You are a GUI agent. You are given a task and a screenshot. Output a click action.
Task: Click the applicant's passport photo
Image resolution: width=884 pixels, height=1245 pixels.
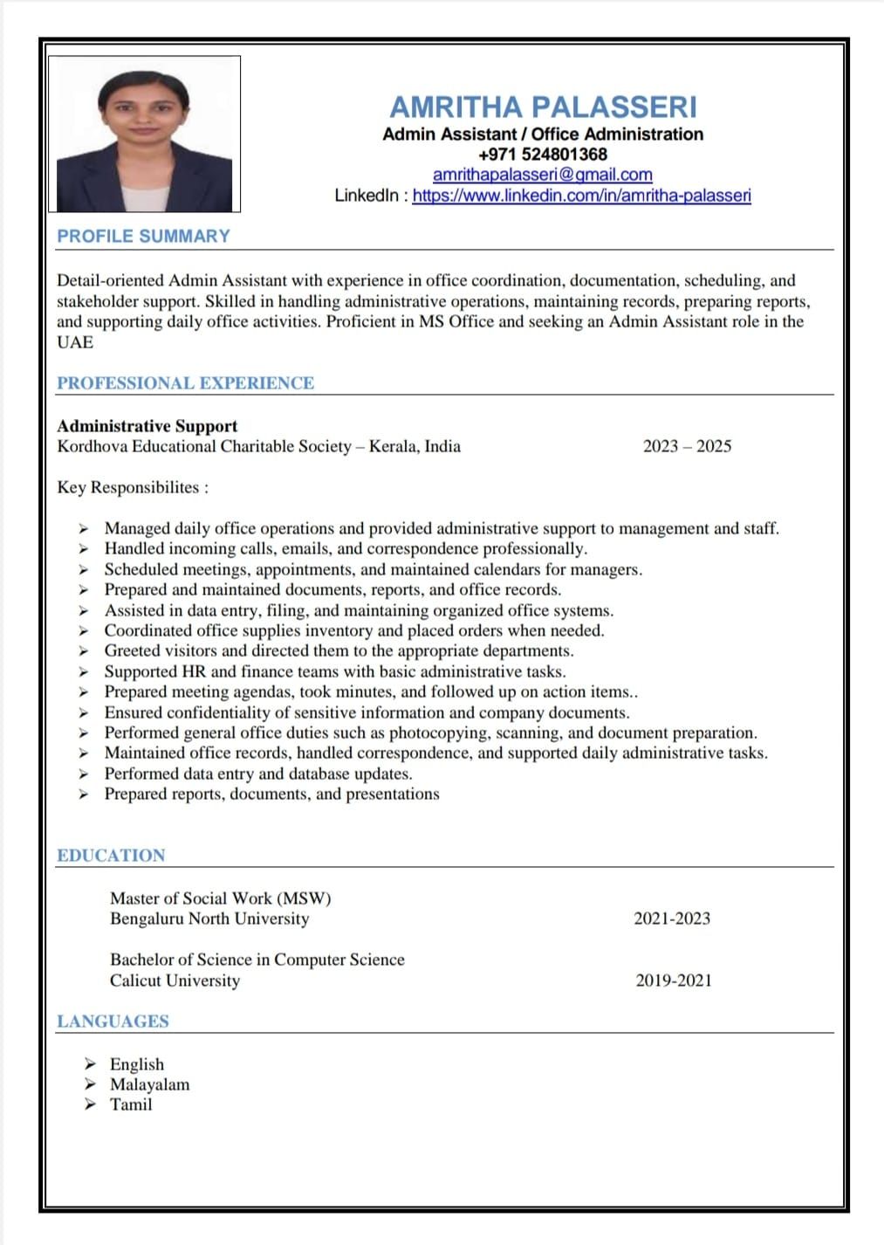(x=144, y=134)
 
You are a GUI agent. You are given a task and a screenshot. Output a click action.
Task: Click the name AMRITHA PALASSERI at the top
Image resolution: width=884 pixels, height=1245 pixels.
(x=543, y=107)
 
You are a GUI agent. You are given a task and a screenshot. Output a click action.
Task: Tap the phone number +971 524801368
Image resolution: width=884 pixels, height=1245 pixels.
(x=543, y=155)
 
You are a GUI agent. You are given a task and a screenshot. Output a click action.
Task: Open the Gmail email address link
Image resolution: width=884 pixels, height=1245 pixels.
(x=543, y=175)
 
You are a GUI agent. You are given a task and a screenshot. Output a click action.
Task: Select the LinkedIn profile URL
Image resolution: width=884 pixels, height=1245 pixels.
(x=581, y=196)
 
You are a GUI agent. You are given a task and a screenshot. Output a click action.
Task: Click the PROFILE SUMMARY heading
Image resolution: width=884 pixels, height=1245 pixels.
(x=143, y=236)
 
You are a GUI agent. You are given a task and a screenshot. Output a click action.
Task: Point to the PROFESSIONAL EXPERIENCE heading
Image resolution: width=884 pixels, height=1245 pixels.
(x=185, y=383)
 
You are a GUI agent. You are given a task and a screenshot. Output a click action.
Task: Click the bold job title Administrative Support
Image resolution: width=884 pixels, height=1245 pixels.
(x=147, y=426)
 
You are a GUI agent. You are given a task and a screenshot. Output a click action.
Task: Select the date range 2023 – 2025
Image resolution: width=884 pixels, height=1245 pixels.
(x=687, y=446)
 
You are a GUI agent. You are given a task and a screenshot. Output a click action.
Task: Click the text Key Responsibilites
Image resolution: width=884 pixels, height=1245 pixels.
(x=132, y=487)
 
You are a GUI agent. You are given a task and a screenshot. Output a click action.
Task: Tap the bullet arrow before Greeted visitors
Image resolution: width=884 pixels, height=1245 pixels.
(x=84, y=651)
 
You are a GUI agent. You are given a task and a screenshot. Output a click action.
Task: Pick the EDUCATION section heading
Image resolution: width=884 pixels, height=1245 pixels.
(x=111, y=856)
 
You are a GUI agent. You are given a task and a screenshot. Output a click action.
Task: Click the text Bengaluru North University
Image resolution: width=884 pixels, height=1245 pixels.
(x=209, y=918)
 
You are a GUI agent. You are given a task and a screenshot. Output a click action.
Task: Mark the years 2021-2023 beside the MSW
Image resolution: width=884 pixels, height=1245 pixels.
(x=672, y=918)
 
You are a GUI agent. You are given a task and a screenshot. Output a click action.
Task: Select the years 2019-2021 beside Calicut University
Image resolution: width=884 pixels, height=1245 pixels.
(x=674, y=980)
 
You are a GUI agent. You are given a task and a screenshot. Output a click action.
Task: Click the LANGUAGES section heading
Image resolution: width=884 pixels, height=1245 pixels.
(x=113, y=1021)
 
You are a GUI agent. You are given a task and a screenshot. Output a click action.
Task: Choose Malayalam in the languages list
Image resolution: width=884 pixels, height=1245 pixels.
(x=149, y=1084)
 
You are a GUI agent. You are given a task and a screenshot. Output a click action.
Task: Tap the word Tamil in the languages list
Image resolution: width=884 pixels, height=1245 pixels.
(x=131, y=1104)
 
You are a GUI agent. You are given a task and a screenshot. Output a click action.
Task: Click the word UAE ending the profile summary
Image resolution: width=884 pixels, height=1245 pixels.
(x=75, y=342)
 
